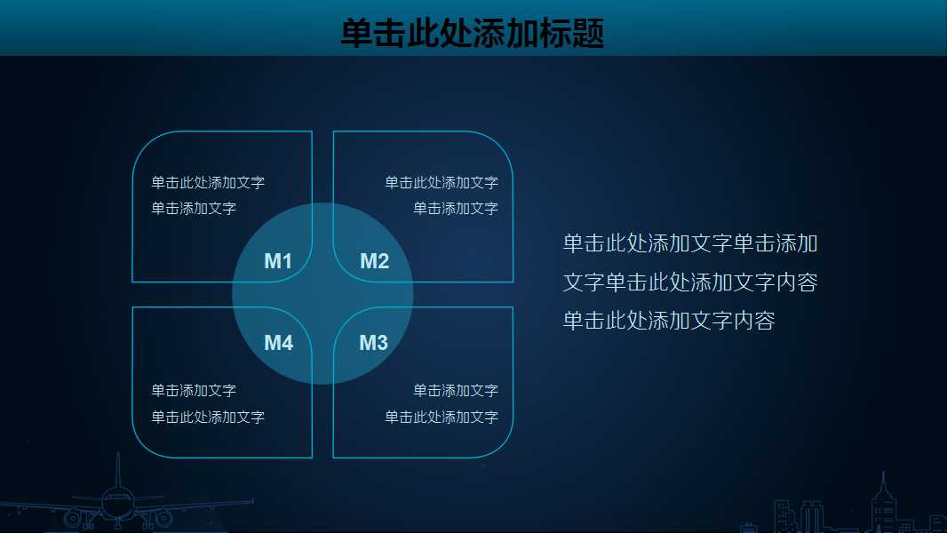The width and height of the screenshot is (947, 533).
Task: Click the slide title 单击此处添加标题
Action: pos(472,34)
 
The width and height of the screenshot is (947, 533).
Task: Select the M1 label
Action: pos(278,261)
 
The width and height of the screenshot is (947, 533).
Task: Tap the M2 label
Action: pos(374,261)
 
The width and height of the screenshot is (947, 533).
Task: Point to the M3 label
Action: pos(373,343)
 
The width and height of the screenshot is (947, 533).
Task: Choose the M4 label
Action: pos(278,343)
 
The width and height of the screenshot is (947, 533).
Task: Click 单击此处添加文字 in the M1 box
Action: pos(208,183)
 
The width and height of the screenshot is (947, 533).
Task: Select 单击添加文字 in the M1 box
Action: pos(194,209)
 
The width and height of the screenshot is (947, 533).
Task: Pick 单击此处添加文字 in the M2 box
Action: pos(442,183)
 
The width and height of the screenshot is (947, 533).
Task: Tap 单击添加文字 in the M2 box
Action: pos(456,209)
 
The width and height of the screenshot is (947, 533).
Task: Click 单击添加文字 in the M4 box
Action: pos(194,391)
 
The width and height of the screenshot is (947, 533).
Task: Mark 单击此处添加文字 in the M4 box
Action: pos(208,418)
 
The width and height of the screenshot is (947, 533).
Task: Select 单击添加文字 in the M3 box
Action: pos(456,391)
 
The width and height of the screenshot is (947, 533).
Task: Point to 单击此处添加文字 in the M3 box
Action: pos(442,418)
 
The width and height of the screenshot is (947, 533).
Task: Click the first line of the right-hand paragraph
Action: pos(690,243)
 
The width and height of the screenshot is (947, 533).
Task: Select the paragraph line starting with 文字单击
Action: pos(690,282)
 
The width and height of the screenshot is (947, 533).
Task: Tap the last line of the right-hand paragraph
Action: pos(669,321)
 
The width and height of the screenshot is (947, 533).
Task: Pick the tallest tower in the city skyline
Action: pos(882,502)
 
